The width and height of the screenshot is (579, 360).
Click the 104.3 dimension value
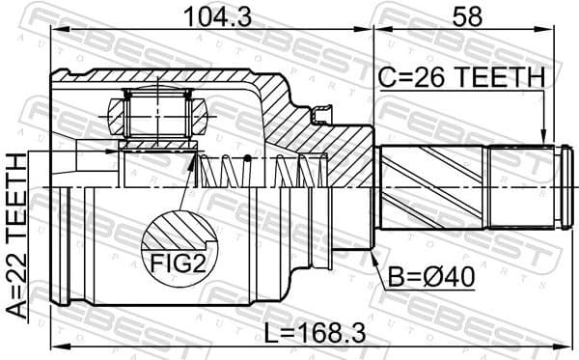pyautogui.click(x=207, y=15)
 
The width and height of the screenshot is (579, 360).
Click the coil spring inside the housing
pyautogui.click(x=261, y=171)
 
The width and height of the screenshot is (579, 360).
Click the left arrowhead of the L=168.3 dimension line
pyautogui.click(x=56, y=346)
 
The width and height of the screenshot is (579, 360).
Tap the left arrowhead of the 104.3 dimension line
pyautogui.click(x=56, y=31)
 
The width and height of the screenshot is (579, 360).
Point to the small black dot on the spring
pyautogui.click(x=247, y=158)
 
